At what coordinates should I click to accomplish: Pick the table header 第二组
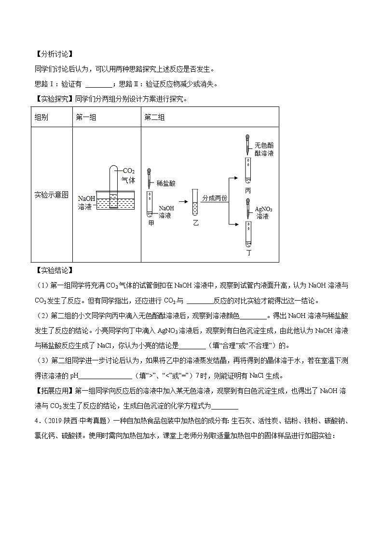coord(155,118)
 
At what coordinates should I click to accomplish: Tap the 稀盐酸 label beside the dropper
coord(166,184)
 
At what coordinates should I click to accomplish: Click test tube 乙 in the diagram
coord(195,202)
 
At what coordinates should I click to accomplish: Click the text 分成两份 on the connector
coord(215,198)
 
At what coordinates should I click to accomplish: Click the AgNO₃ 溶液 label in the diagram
coord(263,213)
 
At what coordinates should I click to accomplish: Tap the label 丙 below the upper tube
coord(248,191)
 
